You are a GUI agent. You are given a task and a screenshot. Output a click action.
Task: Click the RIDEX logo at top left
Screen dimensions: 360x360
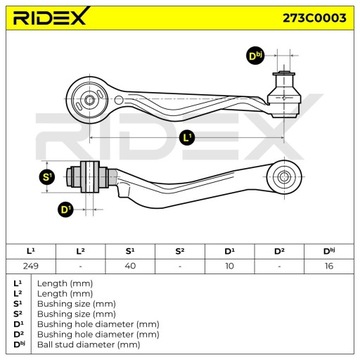[49, 19]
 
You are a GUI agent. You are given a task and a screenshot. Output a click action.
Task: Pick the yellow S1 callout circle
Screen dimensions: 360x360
[46, 178]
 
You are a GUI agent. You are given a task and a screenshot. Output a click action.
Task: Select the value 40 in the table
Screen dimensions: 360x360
[129, 266]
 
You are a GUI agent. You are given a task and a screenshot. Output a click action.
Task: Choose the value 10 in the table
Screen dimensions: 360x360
[230, 266]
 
